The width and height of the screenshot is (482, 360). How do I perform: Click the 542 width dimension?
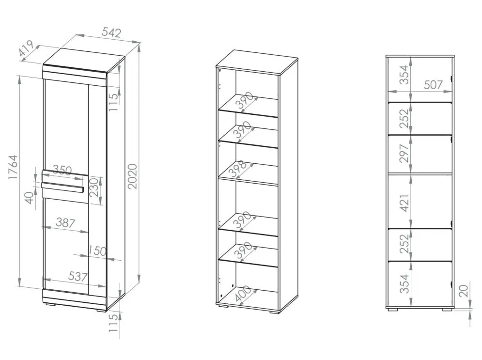111,32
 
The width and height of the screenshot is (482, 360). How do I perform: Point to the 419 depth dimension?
26,48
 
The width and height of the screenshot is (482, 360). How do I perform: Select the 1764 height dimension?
13,168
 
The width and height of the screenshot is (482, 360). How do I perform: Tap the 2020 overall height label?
132,176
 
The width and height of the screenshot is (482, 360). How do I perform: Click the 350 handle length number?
62,170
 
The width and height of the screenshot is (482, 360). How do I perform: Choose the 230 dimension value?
93,187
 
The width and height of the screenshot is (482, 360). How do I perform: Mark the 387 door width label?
65,222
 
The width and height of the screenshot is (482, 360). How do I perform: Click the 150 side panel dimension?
97,251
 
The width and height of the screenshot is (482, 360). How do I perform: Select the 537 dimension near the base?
78,276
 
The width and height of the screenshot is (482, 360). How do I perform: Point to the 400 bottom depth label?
243,294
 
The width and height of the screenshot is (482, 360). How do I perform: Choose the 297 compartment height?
404,153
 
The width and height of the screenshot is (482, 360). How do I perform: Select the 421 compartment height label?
405,203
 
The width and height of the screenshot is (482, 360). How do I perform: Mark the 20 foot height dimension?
465,291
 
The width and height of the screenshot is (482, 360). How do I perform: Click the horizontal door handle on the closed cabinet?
62,187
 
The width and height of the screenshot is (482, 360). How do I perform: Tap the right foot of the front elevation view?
448,309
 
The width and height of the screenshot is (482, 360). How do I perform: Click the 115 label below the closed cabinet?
114,323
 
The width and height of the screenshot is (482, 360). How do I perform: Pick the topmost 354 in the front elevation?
404,75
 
